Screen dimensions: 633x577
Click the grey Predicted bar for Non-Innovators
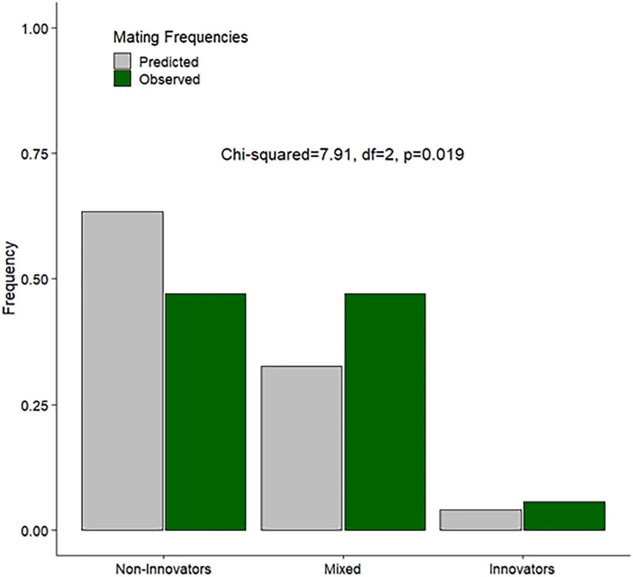click(x=122, y=371)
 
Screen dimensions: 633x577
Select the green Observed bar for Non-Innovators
click(x=206, y=411)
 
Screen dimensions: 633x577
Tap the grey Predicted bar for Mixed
click(x=302, y=448)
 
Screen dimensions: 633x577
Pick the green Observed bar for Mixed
click(x=384, y=411)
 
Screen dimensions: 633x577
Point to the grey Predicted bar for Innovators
click(x=481, y=520)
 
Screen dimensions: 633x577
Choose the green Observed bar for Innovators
click(x=564, y=516)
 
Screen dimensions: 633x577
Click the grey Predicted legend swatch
click(x=122, y=62)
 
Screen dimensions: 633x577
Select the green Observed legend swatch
click(x=122, y=79)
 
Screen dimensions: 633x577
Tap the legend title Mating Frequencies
click(x=181, y=37)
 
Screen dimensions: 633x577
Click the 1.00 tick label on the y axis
click(x=34, y=29)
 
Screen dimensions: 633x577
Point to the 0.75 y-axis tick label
click(x=34, y=154)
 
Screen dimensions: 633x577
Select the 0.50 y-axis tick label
click(x=34, y=279)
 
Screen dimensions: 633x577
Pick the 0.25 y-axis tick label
click(x=34, y=405)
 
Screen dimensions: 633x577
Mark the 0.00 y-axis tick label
click(x=34, y=530)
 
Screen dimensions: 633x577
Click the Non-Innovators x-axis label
click(x=163, y=569)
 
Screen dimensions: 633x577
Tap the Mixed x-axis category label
click(x=342, y=569)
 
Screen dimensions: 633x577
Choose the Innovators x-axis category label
click(x=522, y=569)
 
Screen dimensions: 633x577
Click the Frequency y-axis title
click(x=9, y=278)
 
